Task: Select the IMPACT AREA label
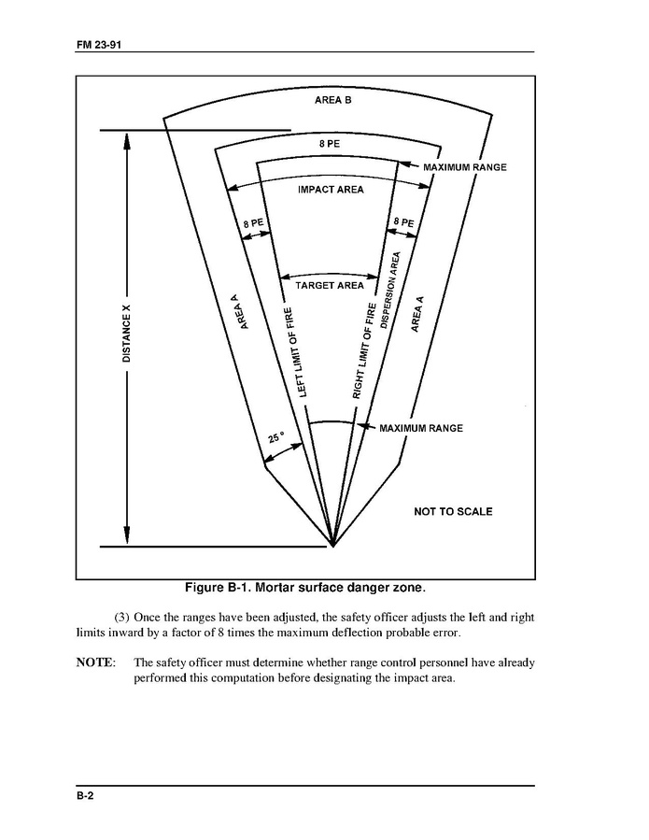click(330, 190)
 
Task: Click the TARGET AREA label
click(330, 285)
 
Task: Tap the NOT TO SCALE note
click(453, 511)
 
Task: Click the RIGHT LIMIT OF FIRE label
click(364, 350)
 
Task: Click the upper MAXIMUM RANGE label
click(464, 167)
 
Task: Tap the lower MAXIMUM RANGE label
click(420, 428)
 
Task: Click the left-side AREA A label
click(241, 311)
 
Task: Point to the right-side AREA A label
click(417, 314)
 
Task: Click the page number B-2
click(86, 795)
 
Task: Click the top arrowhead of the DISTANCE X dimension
click(128, 137)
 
